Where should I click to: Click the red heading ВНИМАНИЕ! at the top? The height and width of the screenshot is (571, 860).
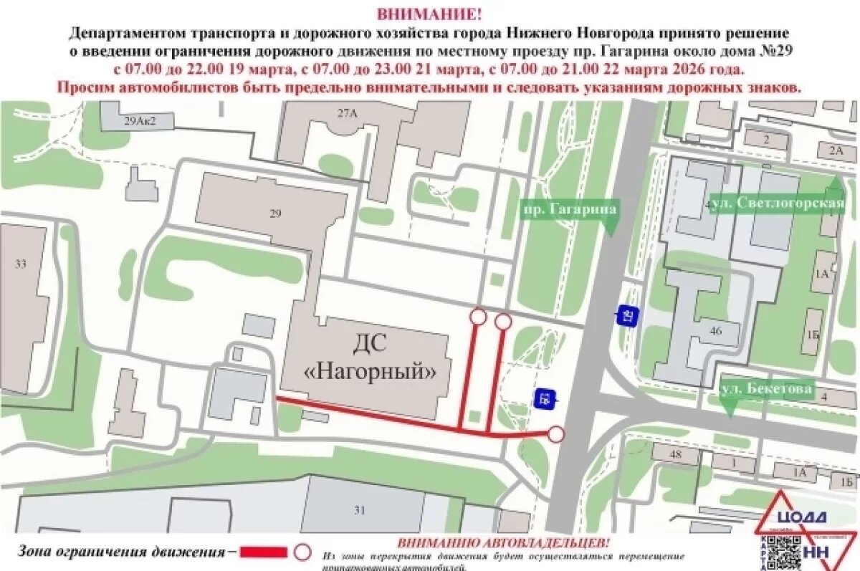click(429, 14)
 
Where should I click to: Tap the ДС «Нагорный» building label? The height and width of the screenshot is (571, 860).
click(369, 358)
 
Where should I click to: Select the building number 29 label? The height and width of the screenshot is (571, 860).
click(277, 213)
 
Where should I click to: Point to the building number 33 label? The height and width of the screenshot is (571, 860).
click(20, 264)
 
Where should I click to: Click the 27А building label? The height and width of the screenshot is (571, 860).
click(347, 112)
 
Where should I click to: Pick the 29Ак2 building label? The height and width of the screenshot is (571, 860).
click(139, 121)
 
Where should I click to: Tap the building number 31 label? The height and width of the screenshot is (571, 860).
click(359, 510)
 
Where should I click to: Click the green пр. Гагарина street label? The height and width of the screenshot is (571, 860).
click(569, 208)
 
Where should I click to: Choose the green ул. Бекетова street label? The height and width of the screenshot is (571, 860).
click(767, 389)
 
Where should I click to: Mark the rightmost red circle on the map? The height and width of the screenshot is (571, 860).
click(555, 433)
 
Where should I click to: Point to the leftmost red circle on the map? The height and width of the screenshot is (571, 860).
click(478, 317)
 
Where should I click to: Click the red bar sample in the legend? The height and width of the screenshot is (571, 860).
click(262, 552)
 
